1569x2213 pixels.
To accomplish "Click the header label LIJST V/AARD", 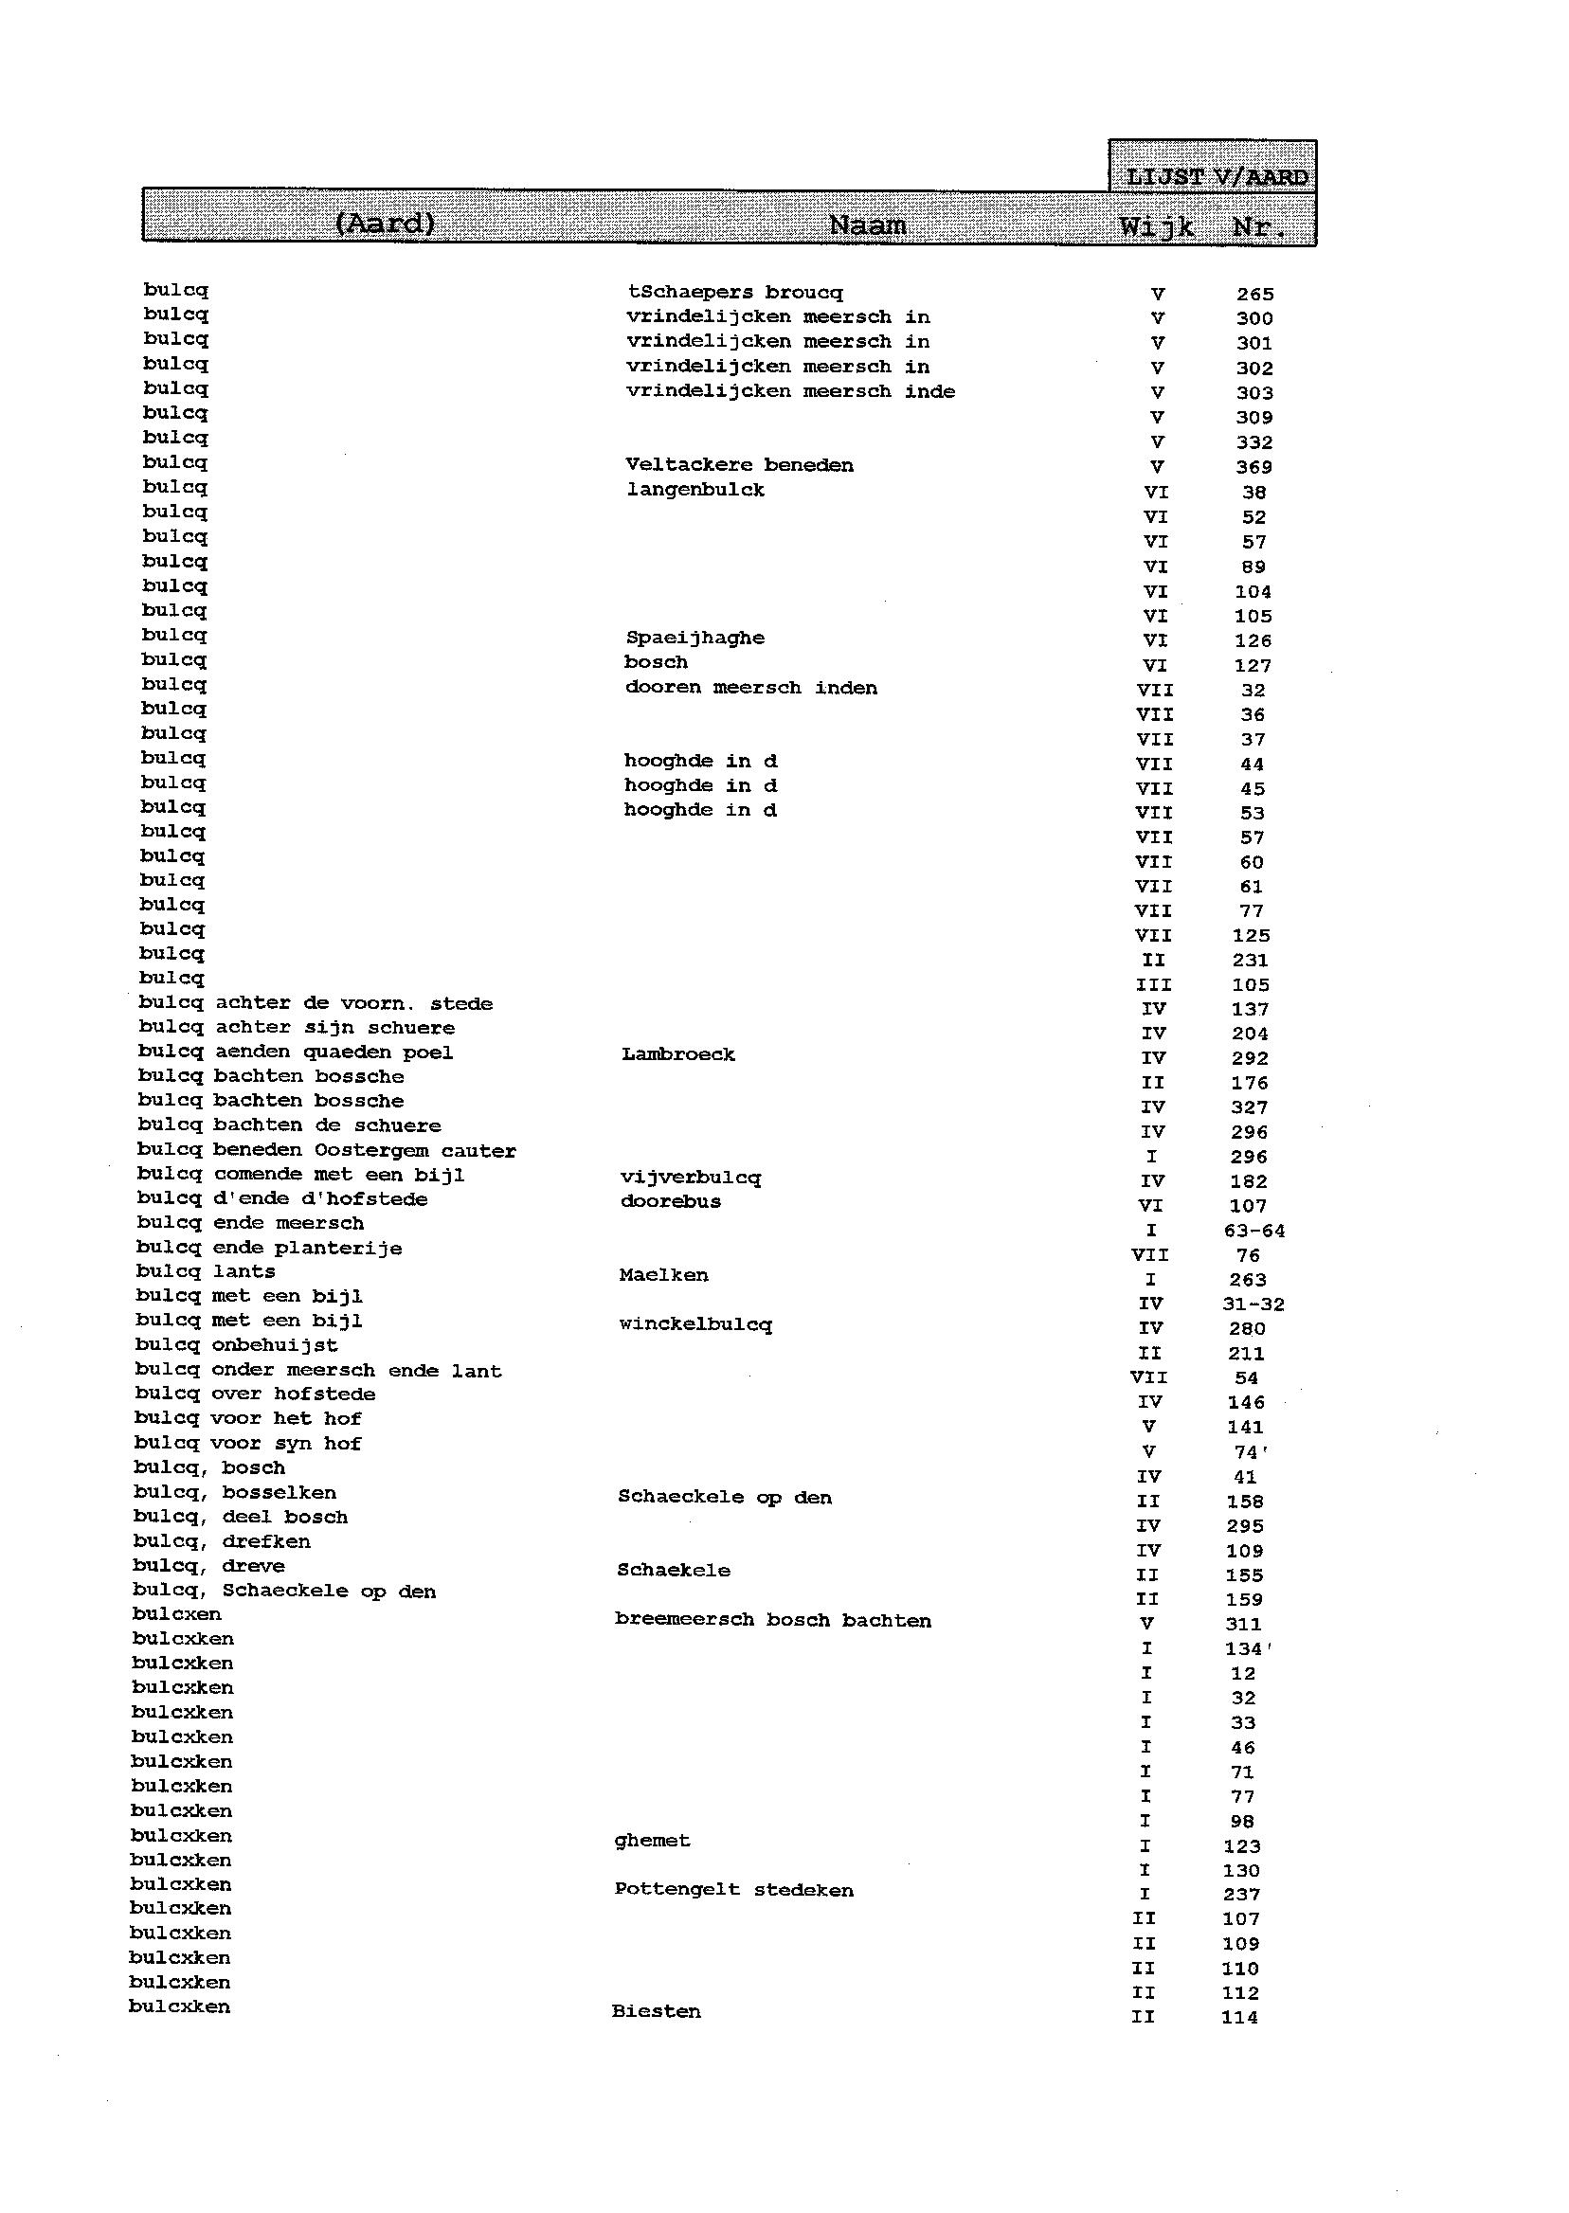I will (1217, 177).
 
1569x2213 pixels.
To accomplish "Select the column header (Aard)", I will (385, 225).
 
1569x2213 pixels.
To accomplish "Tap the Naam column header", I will (868, 226).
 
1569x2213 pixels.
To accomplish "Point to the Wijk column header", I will (1157, 229).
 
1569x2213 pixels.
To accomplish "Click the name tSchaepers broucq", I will (734, 293).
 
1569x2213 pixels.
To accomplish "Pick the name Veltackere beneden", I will (739, 465).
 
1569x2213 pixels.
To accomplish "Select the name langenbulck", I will (694, 490).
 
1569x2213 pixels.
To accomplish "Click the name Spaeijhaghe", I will (694, 638).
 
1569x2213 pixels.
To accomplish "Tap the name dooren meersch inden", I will (750, 688).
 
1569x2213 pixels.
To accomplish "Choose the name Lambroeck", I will (677, 1054).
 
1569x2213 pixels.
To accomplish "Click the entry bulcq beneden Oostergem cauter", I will (327, 1150).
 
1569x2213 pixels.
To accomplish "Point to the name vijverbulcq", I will (690, 1178).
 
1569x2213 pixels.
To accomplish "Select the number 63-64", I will (1254, 1231).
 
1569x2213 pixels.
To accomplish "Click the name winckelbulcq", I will (694, 1325).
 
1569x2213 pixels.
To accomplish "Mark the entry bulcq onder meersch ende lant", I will (317, 1371).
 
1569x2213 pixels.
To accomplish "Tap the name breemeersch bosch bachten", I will (773, 1621).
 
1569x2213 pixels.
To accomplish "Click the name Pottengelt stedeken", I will (733, 1890).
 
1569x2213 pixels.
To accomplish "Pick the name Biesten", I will (656, 2012).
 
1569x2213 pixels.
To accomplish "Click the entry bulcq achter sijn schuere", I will (296, 1028).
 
